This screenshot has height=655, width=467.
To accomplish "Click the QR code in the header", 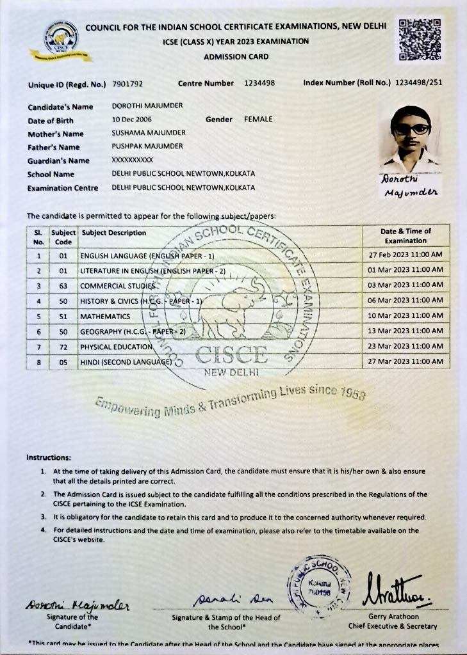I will pos(420,40).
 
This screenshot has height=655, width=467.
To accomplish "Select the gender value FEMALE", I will pos(258,119).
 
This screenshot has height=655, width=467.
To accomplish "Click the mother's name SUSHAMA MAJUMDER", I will pos(149,133).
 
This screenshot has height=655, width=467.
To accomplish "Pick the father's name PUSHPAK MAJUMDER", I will pos(147,146).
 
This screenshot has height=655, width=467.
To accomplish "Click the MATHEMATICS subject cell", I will pos(105,317).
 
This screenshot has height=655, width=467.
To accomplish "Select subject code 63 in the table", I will pos(63,285).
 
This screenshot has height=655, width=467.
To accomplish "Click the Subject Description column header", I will pos(114,233).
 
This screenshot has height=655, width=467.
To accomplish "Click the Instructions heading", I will pos(48,457).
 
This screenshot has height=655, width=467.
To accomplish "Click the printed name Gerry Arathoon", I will pos(393,616).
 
